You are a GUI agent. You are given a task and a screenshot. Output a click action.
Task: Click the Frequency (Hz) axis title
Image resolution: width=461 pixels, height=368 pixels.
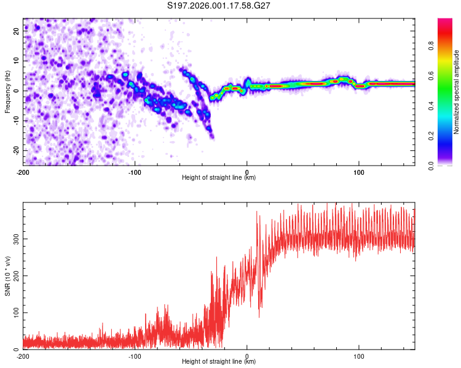[7, 92]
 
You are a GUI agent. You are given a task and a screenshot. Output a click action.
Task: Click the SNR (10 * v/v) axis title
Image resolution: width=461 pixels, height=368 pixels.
[7, 276]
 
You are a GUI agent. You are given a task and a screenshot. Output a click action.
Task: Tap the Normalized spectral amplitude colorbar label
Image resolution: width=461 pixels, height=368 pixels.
[457, 92]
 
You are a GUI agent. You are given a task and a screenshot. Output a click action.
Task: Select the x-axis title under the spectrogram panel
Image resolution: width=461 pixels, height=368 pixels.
[219, 178]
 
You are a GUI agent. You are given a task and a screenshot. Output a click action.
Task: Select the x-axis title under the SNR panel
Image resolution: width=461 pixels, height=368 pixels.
[219, 362]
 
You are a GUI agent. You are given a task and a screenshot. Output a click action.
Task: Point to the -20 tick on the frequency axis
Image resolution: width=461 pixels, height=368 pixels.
[16, 150]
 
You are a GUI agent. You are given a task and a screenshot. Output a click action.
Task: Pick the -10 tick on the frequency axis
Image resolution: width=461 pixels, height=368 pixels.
[16, 120]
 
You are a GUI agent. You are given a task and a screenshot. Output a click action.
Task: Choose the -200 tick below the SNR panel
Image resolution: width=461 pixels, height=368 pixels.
[23, 356]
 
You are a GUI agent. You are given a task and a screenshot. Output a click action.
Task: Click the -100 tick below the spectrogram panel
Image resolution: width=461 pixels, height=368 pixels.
[135, 172]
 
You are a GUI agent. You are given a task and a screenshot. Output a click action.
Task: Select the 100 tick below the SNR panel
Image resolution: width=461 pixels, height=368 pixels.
[359, 356]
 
